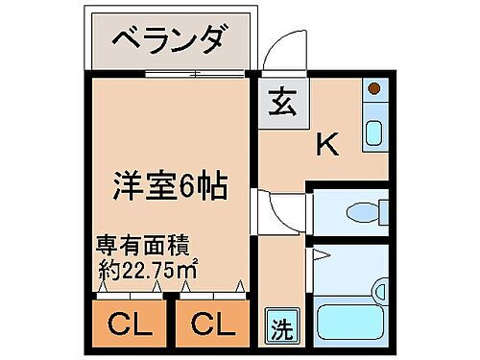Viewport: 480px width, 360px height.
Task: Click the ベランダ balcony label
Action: [x=170, y=42]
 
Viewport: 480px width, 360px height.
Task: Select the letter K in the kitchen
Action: [x=327, y=145]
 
